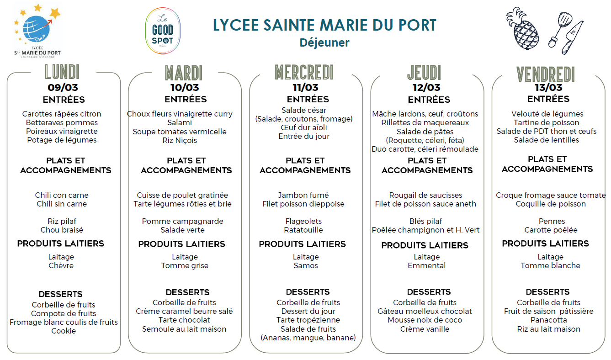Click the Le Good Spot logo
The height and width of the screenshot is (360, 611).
coord(162,31)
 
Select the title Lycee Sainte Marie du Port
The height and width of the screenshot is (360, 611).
coord(324,25)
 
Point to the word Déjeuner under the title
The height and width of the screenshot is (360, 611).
coord(324,42)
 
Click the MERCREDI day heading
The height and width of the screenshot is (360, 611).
coord(304,73)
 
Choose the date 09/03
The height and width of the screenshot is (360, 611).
coord(63,87)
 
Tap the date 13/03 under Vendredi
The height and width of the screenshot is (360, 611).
coord(548,87)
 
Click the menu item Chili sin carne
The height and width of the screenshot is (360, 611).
coord(62,204)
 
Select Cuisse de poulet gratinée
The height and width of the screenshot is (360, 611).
coord(182,195)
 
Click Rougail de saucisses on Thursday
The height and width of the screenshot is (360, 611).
coord(425,195)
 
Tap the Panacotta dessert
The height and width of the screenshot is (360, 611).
coord(548,320)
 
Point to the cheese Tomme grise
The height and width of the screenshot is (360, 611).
coord(185,265)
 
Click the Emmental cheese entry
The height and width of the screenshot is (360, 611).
coord(426,265)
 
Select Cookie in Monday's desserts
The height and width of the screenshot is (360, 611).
coord(64,331)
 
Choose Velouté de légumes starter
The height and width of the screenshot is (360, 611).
coord(547,114)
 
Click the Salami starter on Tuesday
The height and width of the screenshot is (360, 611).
coord(180,122)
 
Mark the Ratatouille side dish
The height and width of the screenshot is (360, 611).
coord(303,230)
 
